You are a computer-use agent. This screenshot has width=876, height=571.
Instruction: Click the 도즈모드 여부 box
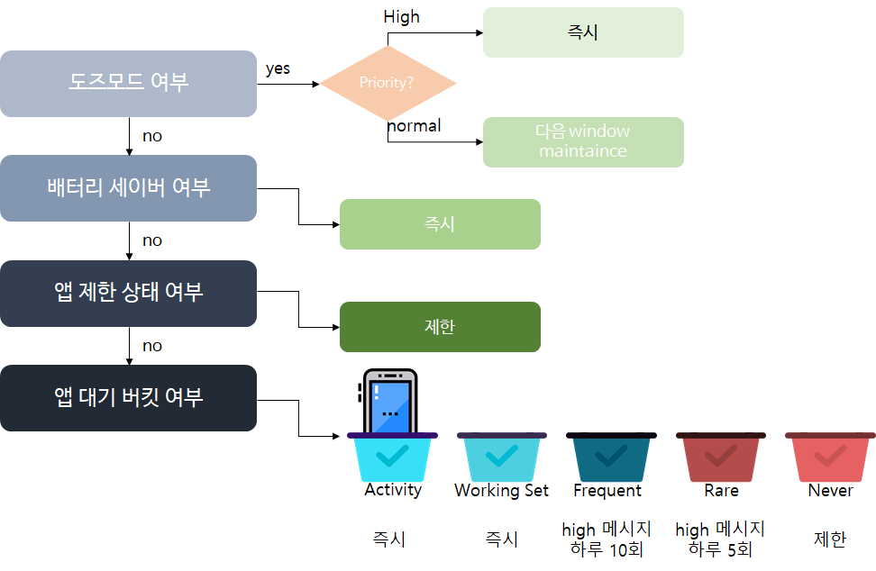point(128,83)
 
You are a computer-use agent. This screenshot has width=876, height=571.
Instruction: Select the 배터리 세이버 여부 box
point(128,187)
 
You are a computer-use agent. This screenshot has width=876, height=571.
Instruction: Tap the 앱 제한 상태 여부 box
point(128,292)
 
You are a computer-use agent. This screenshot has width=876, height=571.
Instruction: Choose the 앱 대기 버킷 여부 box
point(128,397)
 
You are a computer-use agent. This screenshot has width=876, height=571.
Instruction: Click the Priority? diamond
point(388,83)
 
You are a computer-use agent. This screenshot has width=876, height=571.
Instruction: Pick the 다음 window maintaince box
point(583,141)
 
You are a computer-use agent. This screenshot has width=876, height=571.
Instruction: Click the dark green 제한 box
point(440,326)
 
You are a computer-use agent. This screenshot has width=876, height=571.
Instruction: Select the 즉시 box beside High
point(583,32)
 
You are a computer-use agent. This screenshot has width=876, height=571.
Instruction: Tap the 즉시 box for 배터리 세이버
point(440,223)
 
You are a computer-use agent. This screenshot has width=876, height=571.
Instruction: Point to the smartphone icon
point(388,402)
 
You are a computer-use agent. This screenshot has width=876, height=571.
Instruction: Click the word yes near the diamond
point(278,68)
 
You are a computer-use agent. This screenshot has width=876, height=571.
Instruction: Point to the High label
point(401,17)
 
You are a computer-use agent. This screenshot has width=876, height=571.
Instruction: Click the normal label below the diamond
point(415,126)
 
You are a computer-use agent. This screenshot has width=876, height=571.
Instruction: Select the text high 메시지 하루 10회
point(607,539)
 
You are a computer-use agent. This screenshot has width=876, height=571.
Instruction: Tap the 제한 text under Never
point(830,539)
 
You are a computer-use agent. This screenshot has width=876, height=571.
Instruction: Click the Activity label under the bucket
point(393,490)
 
